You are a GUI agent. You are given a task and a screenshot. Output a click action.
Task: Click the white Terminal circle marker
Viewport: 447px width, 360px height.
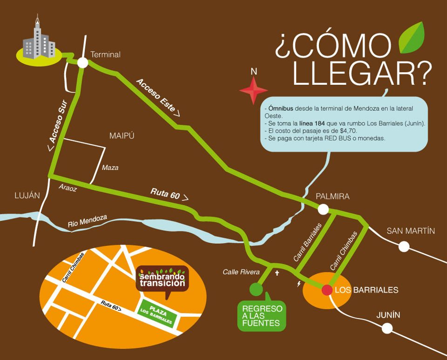(x=83, y=62)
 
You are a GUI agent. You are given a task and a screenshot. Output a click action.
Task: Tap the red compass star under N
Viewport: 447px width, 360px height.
(x=254, y=90)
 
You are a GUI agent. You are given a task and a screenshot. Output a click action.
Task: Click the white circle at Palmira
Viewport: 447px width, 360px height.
(x=323, y=210)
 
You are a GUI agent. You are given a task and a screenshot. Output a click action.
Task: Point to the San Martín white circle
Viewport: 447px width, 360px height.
(x=404, y=246)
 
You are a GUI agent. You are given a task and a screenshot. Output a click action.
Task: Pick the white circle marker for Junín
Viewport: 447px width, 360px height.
(x=387, y=328)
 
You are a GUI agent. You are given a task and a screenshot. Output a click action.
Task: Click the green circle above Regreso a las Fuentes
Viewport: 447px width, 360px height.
(x=256, y=289)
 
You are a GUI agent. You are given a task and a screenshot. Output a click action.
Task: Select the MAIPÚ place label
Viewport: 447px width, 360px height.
(x=122, y=136)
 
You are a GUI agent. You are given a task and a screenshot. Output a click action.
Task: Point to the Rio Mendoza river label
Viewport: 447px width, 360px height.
(x=88, y=221)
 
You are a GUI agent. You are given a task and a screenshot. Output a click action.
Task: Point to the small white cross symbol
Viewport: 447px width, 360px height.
(x=277, y=273)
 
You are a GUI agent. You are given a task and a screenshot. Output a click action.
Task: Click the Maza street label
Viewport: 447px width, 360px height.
(x=110, y=168)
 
